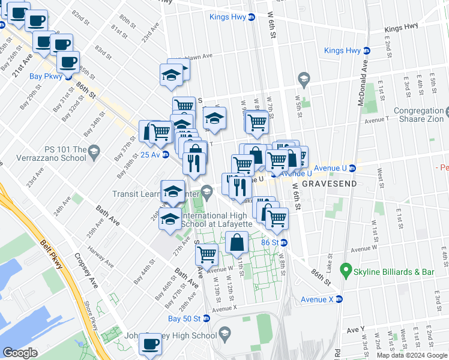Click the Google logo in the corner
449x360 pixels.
tap(20, 353)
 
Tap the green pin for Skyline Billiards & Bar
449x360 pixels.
tap(345, 271)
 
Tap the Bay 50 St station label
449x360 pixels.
tap(188, 318)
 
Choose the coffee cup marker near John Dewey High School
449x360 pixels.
tap(150, 346)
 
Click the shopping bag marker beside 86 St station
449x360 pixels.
tap(238, 242)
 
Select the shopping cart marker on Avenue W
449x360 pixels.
tap(206, 254)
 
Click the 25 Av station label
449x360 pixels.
tap(150, 155)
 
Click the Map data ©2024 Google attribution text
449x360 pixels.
tap(412, 355)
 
